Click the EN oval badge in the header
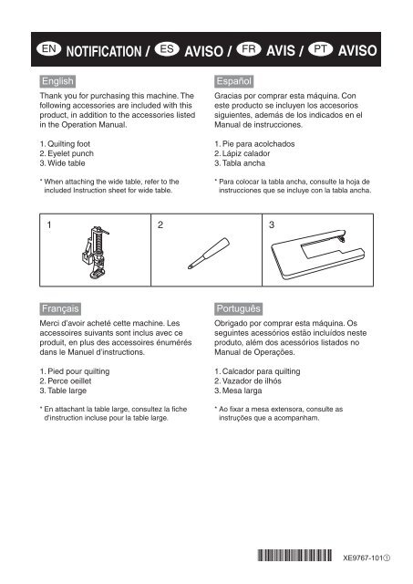pos(48,48)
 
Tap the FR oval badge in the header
pos(249,48)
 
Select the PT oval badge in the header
pos(320,48)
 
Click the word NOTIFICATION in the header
pos(104,51)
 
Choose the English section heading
pos(57,81)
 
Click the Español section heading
pos(234,81)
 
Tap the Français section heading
pos(60,308)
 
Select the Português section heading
pos(239,308)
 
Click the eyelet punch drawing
pos(209,254)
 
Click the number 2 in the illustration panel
pos(160,224)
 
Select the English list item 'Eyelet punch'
pos(67,153)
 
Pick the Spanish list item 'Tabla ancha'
pos(240,163)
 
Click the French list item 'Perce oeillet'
pos(66,381)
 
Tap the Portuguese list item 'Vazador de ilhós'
pos(248,381)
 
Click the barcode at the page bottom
pos(294,556)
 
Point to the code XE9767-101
pos(363,558)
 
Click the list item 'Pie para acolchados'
pos(254,144)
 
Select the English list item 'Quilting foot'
pos(65,144)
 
